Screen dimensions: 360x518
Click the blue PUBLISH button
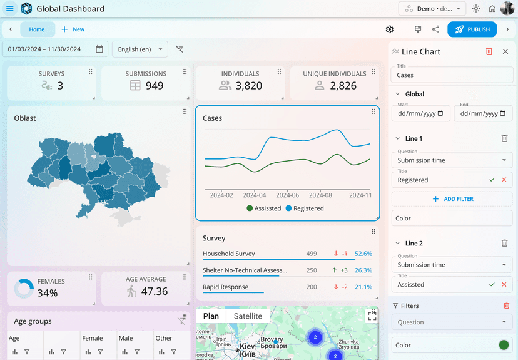coord(472,29)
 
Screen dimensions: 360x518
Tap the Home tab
coord(37,29)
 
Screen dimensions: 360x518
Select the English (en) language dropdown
coord(140,49)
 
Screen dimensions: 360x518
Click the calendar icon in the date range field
coord(99,49)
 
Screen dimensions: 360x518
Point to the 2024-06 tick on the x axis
coord(287,195)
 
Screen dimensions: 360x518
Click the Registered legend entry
coord(305,208)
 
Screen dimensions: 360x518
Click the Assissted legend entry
coord(263,208)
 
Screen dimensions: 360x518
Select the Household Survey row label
coord(229,254)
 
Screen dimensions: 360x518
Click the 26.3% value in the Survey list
coord(363,270)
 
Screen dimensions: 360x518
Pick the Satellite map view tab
coord(248,316)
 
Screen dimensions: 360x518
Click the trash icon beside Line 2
coord(504,243)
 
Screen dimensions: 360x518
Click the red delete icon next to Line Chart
coord(489,52)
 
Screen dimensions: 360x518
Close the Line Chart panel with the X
coord(505,52)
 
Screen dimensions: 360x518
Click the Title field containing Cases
coord(452,75)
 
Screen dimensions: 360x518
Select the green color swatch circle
coord(504,345)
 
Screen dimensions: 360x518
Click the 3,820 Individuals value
coord(248,86)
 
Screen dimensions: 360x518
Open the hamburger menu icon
coord(9,9)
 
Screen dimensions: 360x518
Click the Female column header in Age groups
coord(93,338)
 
